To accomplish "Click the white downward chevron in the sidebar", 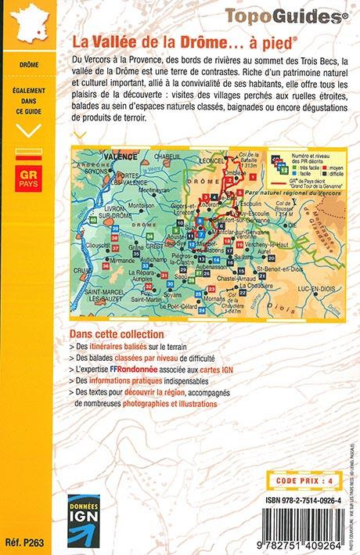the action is click(x=28, y=130).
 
